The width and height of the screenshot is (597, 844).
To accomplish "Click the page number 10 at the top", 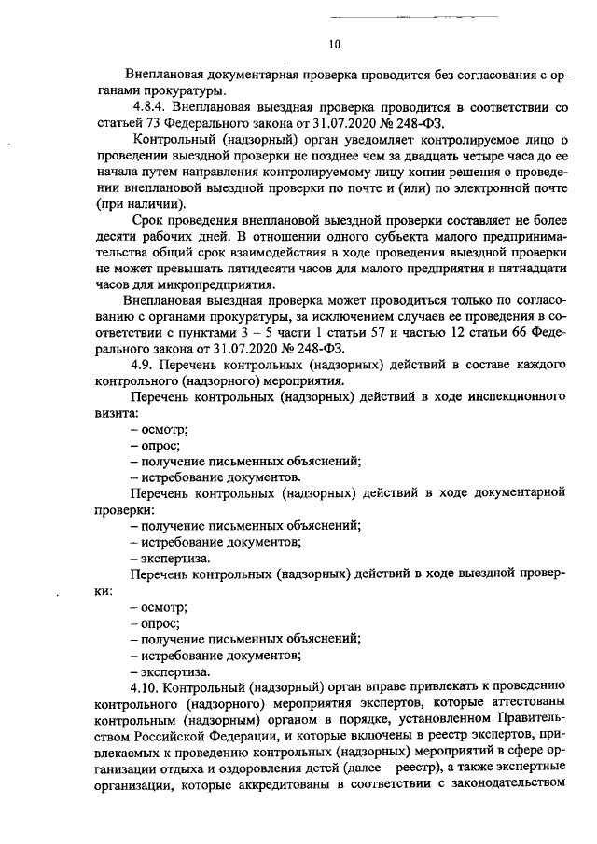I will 336,44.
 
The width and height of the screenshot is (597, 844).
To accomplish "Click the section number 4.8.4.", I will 151,107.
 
